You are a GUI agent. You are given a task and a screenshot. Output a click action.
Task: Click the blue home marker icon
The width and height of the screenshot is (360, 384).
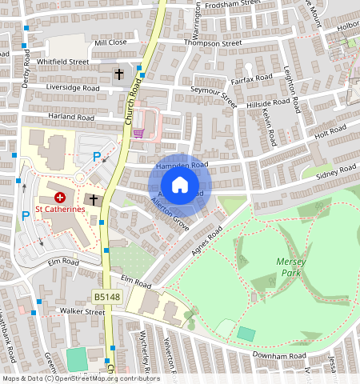coord(180,184)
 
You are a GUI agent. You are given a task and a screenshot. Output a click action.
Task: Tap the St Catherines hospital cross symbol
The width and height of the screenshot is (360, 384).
coord(59,196)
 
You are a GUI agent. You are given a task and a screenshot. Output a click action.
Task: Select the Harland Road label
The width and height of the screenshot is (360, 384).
coord(71,118)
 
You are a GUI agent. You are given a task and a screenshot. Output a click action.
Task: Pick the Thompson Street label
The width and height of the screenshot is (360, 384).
coord(213,42)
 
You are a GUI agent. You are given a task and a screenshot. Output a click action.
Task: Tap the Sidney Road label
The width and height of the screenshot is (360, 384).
coord(337,172)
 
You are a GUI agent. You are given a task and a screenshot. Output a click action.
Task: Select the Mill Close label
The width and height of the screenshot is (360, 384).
coord(110,42)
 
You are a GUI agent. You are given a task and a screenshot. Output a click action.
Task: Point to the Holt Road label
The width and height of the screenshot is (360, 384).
coord(330,130)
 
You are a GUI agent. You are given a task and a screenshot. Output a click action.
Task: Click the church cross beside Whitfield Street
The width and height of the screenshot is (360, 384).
coord(119,74)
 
